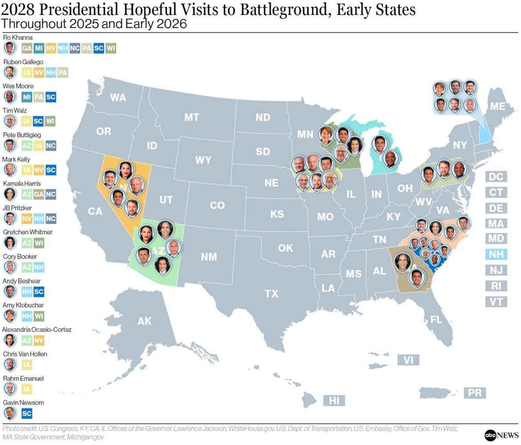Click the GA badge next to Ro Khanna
[x=26, y=48]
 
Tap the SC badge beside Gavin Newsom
[x=26, y=413]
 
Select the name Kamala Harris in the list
[x=21, y=183]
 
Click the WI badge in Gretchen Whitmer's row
[x=39, y=243]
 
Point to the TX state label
[x=271, y=294]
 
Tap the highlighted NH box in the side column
[x=496, y=255]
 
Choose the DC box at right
[x=496, y=177]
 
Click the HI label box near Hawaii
[x=334, y=400]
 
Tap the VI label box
[x=408, y=360]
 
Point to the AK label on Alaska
[x=144, y=321]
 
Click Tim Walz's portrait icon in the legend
[x=9, y=121]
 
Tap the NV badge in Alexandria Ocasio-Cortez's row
[x=39, y=341]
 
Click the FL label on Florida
[x=436, y=319]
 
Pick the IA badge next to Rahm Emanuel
[x=26, y=389]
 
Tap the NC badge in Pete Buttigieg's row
[x=51, y=145]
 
